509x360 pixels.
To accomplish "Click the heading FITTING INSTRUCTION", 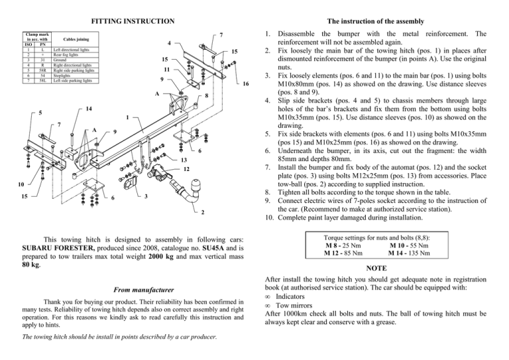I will [129, 21].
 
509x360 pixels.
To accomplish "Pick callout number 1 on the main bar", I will [127, 119].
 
